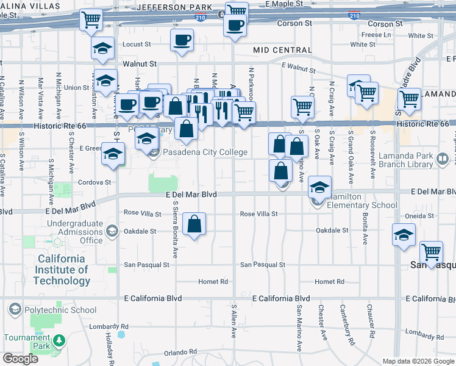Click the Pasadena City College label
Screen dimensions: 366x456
(205, 152)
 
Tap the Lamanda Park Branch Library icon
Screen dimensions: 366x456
(443, 159)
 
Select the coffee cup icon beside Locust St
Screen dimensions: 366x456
(181, 41)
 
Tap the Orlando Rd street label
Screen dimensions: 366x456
(180, 353)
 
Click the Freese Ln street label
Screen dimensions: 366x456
(376, 35)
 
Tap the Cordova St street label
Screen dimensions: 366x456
(94, 182)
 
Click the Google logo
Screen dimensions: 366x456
(20, 358)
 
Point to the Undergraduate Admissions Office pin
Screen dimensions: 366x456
(112, 231)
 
